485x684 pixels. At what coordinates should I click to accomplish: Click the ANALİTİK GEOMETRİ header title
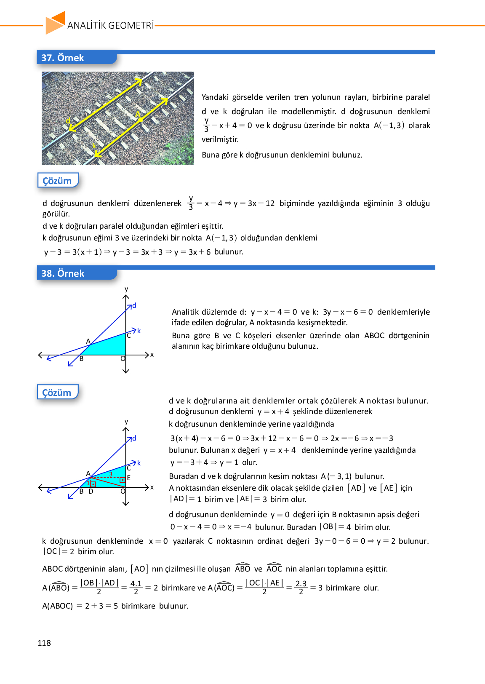tap(111, 25)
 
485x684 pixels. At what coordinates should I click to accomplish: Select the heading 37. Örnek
tap(63, 58)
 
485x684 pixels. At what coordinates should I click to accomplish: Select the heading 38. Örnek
tap(63, 273)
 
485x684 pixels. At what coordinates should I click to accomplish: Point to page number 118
tap(44, 643)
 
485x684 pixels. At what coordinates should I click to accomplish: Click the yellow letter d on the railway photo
tap(68, 121)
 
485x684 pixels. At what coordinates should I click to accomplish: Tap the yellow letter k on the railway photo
tap(94, 146)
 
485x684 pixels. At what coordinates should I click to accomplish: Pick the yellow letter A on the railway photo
tap(138, 114)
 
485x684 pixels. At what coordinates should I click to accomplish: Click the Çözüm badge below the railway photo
tap(57, 181)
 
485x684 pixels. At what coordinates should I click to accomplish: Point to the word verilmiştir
tap(220, 139)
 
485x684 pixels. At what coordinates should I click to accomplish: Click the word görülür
tap(56, 214)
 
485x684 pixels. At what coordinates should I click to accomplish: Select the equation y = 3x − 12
tap(254, 203)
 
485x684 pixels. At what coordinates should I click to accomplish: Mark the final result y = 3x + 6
tap(192, 252)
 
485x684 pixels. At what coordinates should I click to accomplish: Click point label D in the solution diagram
tap(91, 491)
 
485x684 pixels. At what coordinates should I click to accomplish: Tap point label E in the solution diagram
tap(129, 478)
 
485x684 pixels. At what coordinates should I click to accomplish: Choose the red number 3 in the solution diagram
tap(111, 474)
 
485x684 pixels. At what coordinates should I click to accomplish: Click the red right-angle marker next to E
tap(123, 480)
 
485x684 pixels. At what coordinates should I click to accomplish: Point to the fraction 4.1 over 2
tap(136, 588)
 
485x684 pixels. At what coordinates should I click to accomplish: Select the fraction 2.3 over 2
tap(301, 588)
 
